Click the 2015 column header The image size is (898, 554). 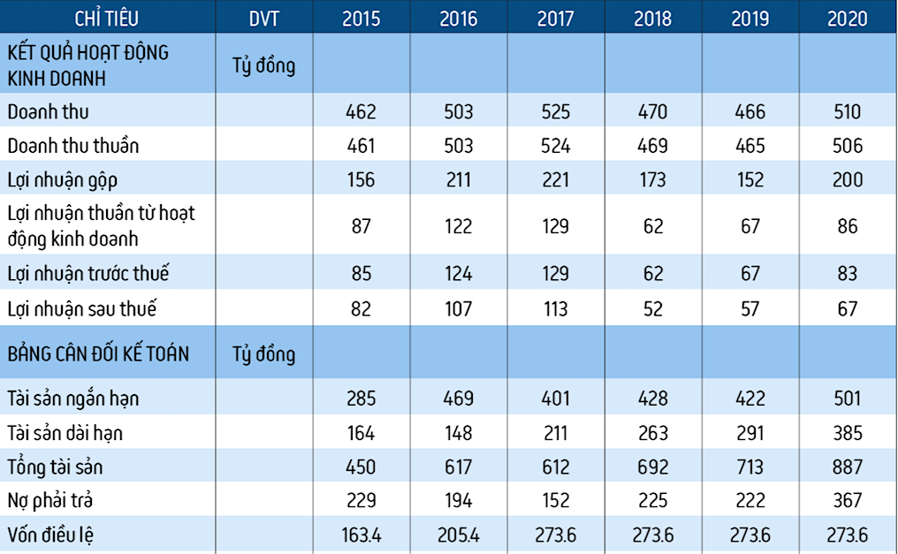[361, 18]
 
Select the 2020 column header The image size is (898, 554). [847, 18]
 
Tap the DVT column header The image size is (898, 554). [263, 18]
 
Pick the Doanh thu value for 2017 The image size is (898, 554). [555, 112]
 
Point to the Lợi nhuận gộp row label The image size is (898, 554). [62, 180]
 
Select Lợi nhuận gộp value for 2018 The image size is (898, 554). [653, 180]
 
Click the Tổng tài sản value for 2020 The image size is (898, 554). [847, 467]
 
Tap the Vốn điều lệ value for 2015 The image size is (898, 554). [361, 535]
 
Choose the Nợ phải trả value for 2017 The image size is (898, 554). [555, 501]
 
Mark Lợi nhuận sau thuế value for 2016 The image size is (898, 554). [457, 308]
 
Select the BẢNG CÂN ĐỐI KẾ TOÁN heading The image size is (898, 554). [98, 353]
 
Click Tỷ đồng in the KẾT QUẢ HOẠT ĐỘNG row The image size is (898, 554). [263, 65]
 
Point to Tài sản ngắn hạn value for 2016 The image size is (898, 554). [457, 398]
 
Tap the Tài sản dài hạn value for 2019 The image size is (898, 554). [750, 433]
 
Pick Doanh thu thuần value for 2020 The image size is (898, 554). [847, 146]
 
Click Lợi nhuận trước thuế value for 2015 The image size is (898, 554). [361, 274]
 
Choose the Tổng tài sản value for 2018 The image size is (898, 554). [653, 467]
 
